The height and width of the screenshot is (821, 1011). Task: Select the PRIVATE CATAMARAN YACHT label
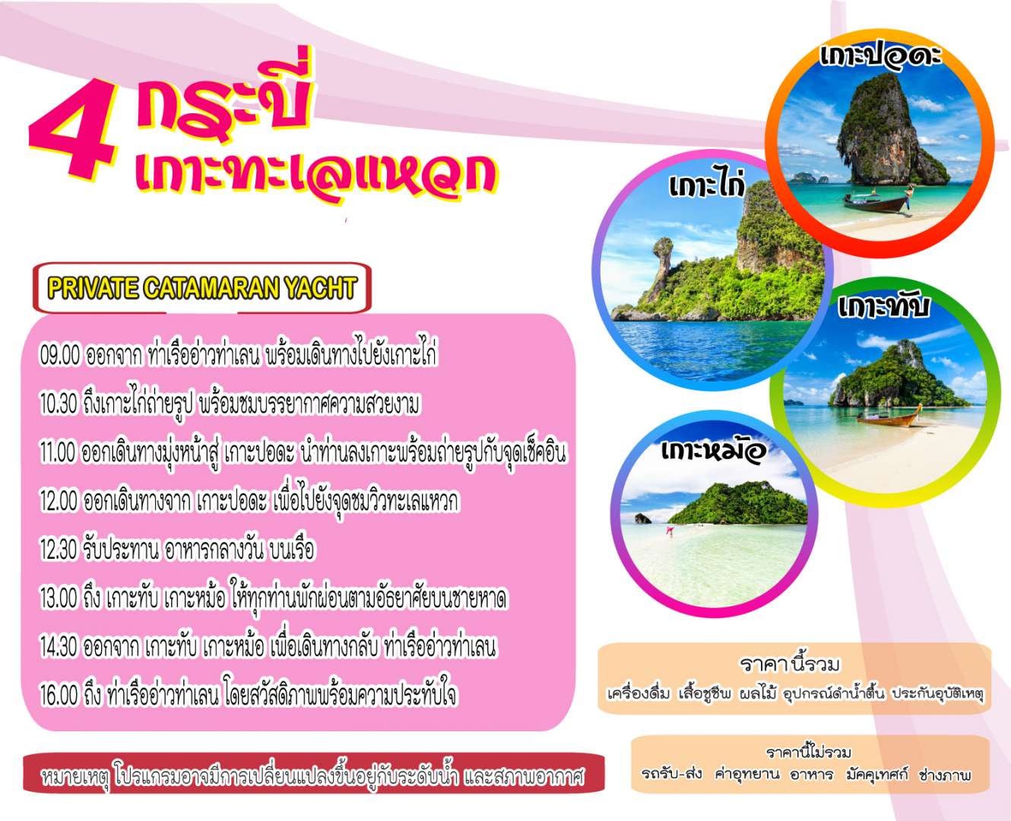(201, 288)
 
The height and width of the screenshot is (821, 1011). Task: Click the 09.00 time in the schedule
(59, 355)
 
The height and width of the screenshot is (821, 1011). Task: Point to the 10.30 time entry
(59, 404)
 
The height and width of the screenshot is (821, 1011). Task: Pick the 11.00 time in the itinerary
(58, 453)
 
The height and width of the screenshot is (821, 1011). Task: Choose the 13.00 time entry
(59, 599)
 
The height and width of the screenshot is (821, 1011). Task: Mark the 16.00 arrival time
(59, 696)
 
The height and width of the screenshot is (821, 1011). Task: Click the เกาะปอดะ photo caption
(879, 58)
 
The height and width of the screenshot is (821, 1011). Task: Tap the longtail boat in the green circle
(889, 417)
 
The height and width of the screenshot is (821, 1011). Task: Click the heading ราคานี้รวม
(790, 664)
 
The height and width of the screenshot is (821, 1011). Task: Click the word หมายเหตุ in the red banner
(75, 778)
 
